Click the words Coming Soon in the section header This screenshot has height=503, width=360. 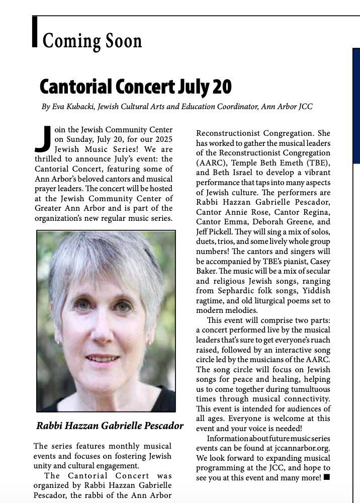point(92,40)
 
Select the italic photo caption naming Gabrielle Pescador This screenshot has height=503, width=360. point(110,426)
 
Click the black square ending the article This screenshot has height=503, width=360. point(327,477)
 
